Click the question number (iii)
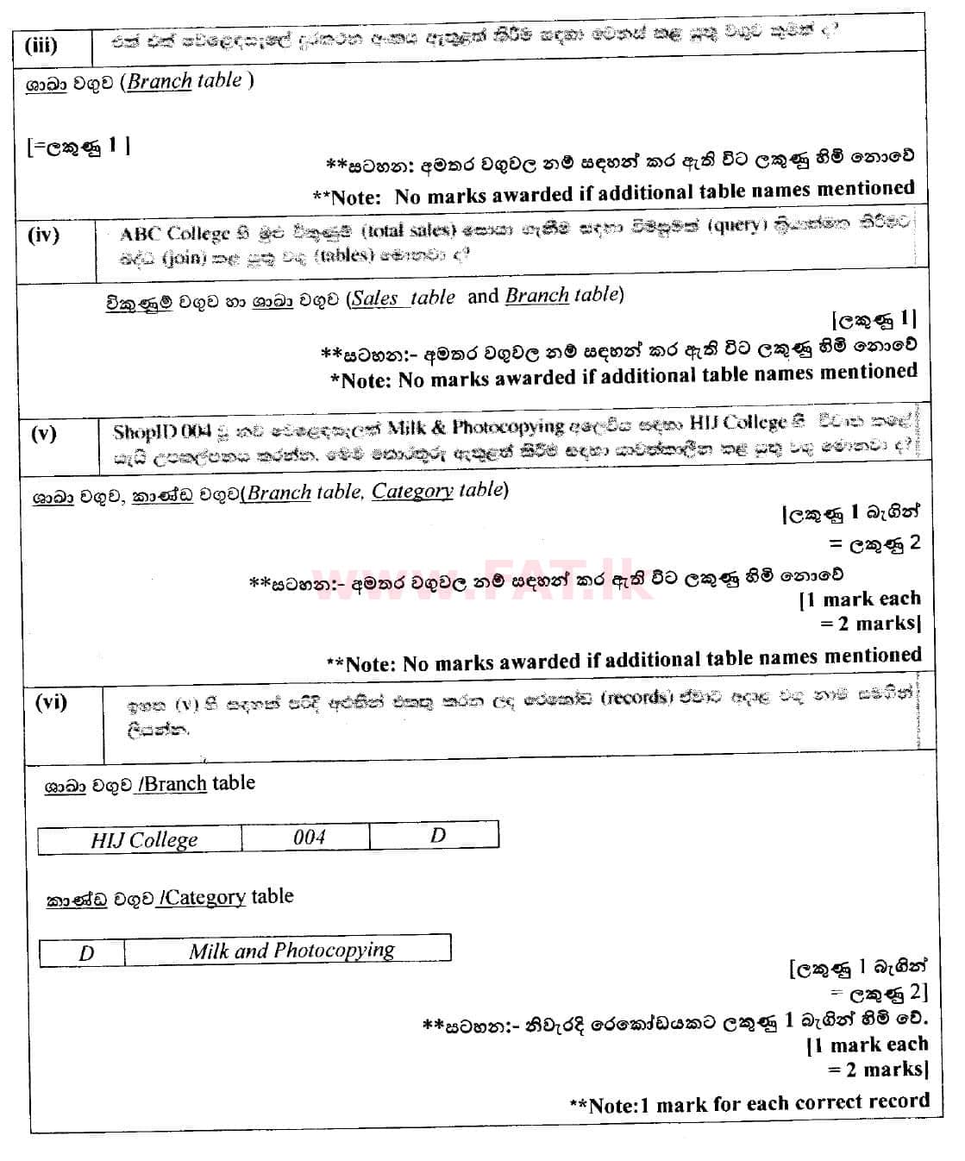click(41, 46)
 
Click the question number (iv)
click(43, 235)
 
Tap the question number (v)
click(43, 433)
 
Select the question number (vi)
click(51, 702)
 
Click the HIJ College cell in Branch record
click(144, 839)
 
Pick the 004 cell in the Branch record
click(309, 837)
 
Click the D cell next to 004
click(438, 835)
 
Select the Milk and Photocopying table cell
click(291, 950)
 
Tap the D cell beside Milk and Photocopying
click(86, 953)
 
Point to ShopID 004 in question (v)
click(161, 431)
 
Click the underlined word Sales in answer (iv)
click(375, 298)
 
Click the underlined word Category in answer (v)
click(412, 491)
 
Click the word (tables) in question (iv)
click(344, 255)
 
